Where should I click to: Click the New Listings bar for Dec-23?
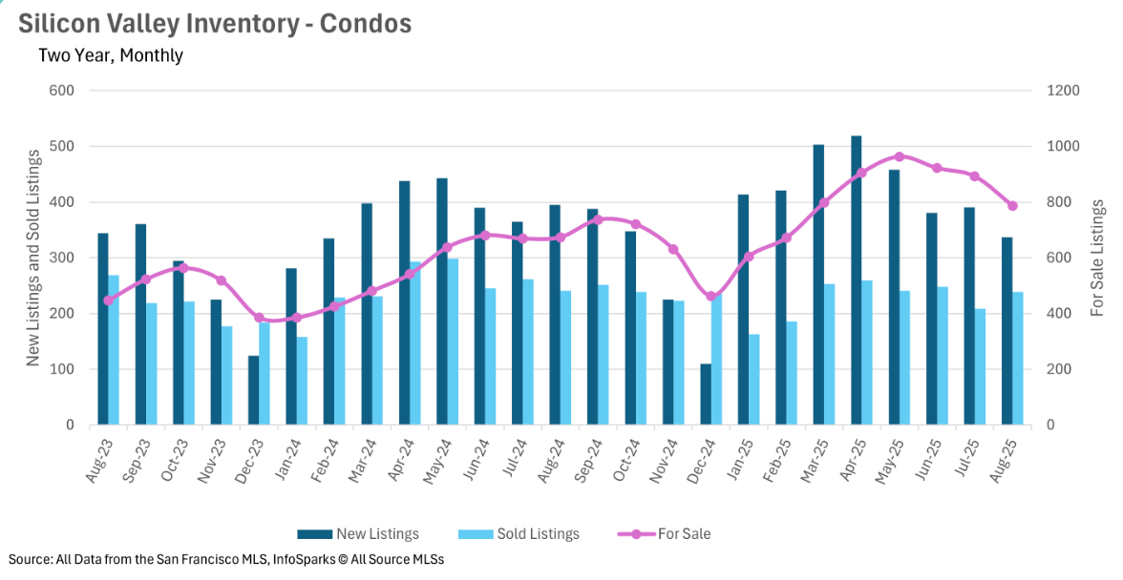[x=253, y=390]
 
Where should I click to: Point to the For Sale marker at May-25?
[x=900, y=156]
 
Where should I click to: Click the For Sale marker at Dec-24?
[x=710, y=296]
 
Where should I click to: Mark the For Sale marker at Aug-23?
[x=108, y=300]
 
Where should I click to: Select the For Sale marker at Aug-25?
[x=1012, y=206]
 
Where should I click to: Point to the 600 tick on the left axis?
[x=62, y=91]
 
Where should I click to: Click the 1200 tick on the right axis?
[x=1062, y=91]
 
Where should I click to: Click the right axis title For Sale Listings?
[x=1097, y=258]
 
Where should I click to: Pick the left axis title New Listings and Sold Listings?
[x=32, y=258]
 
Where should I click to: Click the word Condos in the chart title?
[x=366, y=23]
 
